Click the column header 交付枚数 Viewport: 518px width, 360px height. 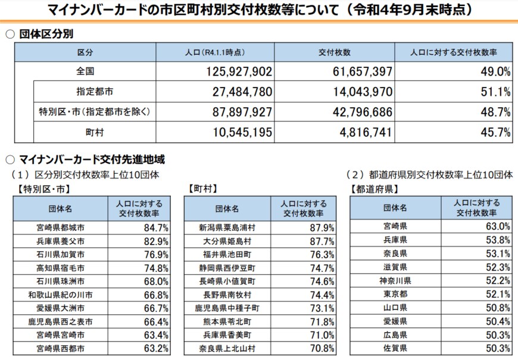333,52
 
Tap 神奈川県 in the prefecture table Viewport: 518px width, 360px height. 395,280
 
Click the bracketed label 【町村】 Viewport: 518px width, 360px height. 201,189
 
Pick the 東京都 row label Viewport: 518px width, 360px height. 395,294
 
